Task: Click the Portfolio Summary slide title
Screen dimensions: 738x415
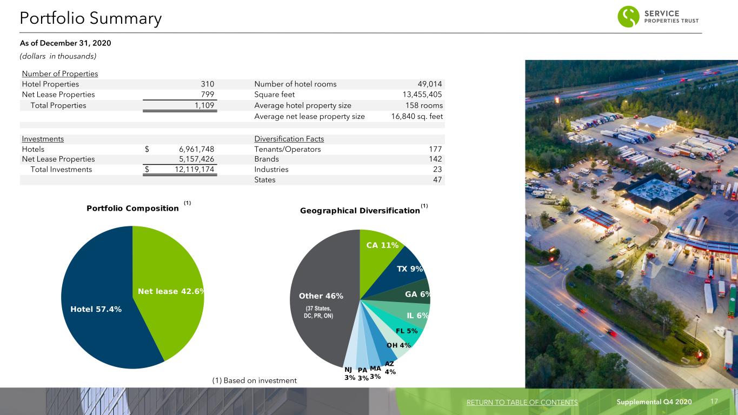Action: pos(91,18)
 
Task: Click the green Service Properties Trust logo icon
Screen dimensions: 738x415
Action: pos(628,16)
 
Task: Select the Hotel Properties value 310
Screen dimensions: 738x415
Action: pos(208,84)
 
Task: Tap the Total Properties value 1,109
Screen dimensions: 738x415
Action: pos(204,105)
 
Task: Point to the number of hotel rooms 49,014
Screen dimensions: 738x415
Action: pos(430,84)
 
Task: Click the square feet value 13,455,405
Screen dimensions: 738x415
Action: pos(422,95)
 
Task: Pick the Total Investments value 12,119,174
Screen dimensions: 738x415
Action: pos(195,169)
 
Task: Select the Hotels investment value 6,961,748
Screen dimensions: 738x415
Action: pos(196,149)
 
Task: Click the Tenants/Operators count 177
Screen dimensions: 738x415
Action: pos(435,149)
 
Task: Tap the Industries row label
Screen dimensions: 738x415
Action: pos(271,169)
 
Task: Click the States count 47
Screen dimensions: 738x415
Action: pos(437,180)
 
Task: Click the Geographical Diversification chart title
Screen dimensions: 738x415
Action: pos(360,211)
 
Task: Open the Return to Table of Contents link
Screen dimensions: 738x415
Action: pos(522,402)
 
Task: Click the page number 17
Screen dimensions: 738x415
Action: pos(714,401)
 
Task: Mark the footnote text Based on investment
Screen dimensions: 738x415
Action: pos(260,381)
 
